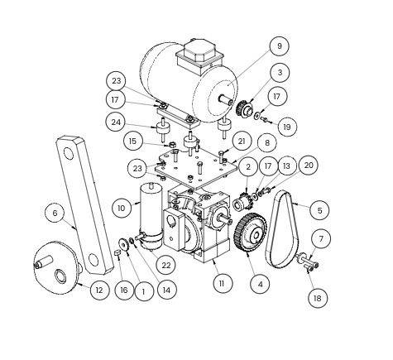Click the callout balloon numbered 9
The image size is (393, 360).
(280, 46)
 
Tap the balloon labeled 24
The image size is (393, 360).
(116, 122)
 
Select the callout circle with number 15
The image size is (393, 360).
(133, 142)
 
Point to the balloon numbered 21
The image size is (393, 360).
(242, 142)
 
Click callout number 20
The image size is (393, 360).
(309, 166)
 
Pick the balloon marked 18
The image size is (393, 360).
(318, 298)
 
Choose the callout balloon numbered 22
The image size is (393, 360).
(165, 265)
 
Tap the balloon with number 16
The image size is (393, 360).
(124, 290)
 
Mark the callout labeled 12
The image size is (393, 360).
(99, 290)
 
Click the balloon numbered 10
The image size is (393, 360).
(122, 208)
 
